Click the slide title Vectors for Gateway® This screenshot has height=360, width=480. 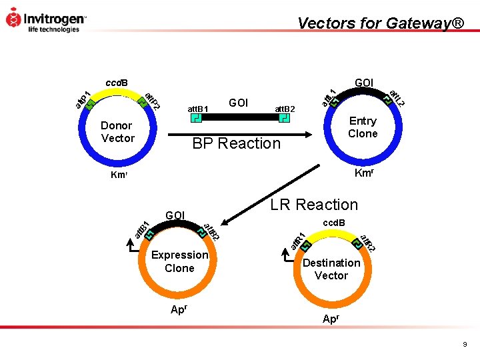pos(381,23)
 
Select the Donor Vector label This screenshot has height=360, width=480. pos(117,132)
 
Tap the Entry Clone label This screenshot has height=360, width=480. pos(363,127)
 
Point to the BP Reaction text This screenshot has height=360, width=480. pos(237,143)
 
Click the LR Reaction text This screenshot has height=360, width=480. pos(313,205)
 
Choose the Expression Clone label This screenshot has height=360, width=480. pos(179,261)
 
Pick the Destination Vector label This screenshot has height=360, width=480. pos(331,269)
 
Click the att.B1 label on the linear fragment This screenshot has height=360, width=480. pos(198,108)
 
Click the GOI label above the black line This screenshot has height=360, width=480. pos(238,103)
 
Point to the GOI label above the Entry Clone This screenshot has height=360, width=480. pos(364,83)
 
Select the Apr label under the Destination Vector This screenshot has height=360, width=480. pos(331,319)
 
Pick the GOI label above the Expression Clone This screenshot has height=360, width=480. pos(175,215)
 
